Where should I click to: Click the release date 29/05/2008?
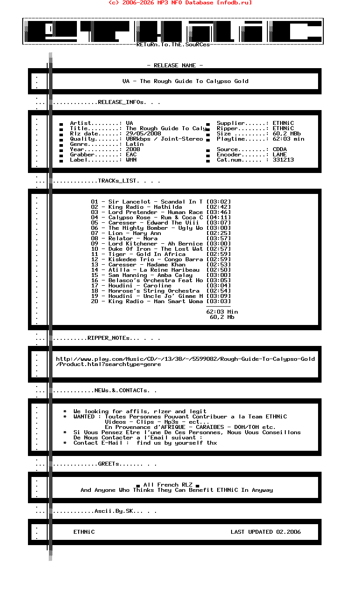pyautogui.click(x=143, y=134)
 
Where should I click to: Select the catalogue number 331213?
pyautogui.click(x=283, y=160)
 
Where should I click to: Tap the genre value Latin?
pyautogui.click(x=135, y=144)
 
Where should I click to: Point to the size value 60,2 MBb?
pyautogui.click(x=287, y=134)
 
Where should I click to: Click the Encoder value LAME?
pyautogui.click(x=280, y=155)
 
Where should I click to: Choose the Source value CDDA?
pyautogui.click(x=280, y=149)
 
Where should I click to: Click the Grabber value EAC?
pyautogui.click(x=131, y=155)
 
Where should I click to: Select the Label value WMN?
pyautogui.click(x=131, y=160)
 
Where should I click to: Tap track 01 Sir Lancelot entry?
pyautogui.click(x=147, y=202)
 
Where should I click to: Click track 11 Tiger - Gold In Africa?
pyautogui.click(x=138, y=254)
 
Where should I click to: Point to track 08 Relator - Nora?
pyautogui.click(x=124, y=238)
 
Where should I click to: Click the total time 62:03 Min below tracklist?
pyautogui.click(x=222, y=312)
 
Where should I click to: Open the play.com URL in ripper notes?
pyautogui.click(x=185, y=359)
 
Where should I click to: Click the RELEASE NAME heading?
pyautogui.click(x=175, y=66)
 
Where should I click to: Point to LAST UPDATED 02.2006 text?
pyautogui.click(x=266, y=532)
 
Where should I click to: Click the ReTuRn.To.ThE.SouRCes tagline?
pyautogui.click(x=173, y=45)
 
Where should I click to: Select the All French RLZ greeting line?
pyautogui.click(x=168, y=485)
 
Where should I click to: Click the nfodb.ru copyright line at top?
pyautogui.click(x=180, y=3)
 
